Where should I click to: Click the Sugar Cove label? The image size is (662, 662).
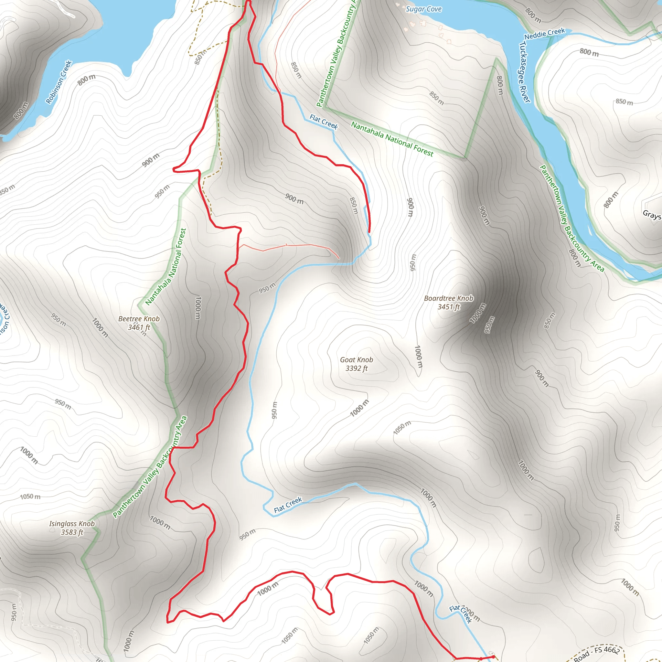(423, 9)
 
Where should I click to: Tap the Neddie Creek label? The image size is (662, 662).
(544, 34)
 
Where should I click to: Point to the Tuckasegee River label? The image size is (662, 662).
(525, 72)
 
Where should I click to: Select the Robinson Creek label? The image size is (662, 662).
(59, 82)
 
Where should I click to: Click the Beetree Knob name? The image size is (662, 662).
(139, 319)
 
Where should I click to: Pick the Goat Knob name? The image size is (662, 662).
(356, 360)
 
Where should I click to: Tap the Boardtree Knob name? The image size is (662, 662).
(449, 298)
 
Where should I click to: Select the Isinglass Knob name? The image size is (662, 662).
(72, 524)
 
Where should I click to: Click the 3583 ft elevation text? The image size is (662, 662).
(72, 532)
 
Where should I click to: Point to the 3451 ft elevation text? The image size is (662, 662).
(449, 307)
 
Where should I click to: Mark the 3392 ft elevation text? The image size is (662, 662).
(356, 368)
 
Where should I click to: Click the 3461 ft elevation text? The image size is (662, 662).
(139, 327)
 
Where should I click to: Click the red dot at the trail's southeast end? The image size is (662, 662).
(493, 657)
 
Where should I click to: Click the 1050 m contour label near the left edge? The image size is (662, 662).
(30, 496)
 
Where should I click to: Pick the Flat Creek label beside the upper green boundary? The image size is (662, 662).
(324, 122)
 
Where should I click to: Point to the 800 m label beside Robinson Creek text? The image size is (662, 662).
(86, 80)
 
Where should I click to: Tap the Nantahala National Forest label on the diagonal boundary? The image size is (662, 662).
(392, 139)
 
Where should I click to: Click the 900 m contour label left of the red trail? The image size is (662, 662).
(151, 160)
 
